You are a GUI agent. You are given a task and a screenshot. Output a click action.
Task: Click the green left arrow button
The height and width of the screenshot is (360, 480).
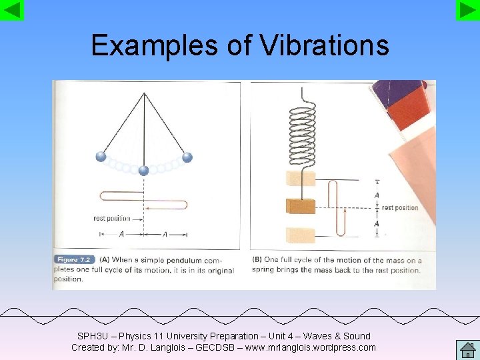[11, 10]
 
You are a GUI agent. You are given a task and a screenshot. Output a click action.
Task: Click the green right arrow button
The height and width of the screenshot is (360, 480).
[468, 10]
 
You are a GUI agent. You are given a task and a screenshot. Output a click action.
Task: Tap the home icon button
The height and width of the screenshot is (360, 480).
[466, 349]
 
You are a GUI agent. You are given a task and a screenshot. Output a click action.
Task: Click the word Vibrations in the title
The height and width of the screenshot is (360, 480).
[325, 45]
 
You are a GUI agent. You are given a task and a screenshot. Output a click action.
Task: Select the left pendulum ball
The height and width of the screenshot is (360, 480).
[101, 157]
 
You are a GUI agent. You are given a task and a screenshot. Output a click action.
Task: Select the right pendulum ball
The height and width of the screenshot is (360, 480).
[187, 157]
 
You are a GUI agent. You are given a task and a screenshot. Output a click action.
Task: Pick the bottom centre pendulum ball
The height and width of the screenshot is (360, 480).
[143, 171]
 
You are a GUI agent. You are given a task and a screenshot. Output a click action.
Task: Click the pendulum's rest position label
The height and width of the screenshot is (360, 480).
[111, 219]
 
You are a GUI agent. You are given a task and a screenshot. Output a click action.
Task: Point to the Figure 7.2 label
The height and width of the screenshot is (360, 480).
[74, 259]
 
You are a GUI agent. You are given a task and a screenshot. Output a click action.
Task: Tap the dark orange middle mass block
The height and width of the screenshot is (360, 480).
[300, 206]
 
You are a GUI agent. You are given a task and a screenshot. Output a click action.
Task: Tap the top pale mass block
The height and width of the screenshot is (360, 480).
[300, 178]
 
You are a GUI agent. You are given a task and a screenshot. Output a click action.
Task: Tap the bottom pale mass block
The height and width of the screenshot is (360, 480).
[300, 235]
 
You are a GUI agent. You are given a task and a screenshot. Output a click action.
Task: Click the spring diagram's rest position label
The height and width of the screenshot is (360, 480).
[400, 208]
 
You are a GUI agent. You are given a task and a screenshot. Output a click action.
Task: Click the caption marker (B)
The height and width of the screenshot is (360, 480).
[257, 259]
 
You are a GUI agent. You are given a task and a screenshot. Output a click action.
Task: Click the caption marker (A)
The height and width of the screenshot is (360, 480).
[105, 259]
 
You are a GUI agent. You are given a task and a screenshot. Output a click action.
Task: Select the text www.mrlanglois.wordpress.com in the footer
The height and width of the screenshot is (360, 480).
[311, 347]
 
